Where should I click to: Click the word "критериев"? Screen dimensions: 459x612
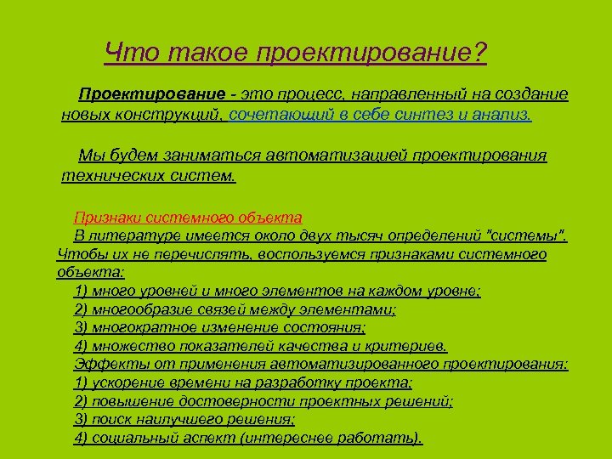coord(411,346)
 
